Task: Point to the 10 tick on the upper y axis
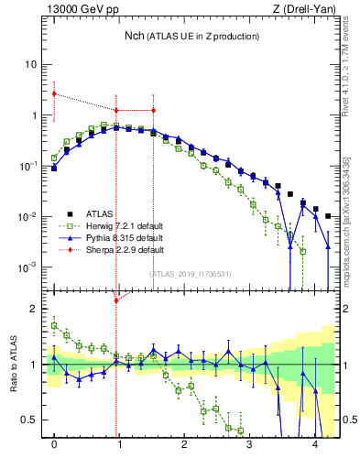31,65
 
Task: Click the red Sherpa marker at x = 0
54,93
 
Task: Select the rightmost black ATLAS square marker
328,216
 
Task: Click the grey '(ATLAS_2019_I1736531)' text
190,274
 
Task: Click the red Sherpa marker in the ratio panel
115,300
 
